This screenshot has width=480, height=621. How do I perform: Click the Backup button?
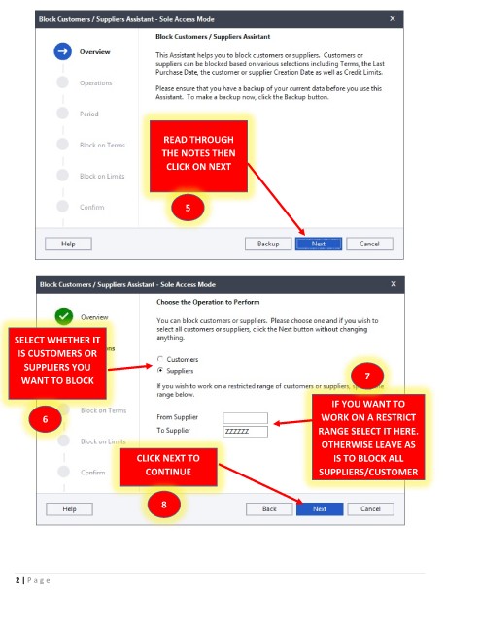(x=268, y=244)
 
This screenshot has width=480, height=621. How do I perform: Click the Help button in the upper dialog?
(x=68, y=244)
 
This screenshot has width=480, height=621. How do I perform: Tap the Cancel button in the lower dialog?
(x=370, y=508)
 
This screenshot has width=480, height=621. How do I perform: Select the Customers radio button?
(x=160, y=359)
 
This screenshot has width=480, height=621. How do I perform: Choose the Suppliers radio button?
(x=160, y=370)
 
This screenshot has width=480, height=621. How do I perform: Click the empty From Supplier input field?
(x=245, y=418)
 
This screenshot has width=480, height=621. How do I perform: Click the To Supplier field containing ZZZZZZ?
(x=245, y=431)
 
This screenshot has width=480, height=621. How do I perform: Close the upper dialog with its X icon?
(x=393, y=19)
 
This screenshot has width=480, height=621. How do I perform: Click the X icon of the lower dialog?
(x=394, y=284)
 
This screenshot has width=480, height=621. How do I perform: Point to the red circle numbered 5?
(x=188, y=208)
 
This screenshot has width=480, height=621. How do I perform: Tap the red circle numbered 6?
(x=46, y=419)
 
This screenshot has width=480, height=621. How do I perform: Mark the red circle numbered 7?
(x=367, y=376)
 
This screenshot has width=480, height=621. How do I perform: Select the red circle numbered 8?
(x=164, y=505)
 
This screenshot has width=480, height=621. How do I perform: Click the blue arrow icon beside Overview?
(x=63, y=51)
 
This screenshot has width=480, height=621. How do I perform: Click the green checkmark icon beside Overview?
(x=64, y=316)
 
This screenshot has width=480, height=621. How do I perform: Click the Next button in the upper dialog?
(x=318, y=244)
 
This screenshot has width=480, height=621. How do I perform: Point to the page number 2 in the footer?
(x=17, y=580)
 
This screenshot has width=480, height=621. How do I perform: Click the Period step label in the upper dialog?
(x=88, y=114)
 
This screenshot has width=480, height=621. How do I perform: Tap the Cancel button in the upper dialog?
(x=369, y=244)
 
